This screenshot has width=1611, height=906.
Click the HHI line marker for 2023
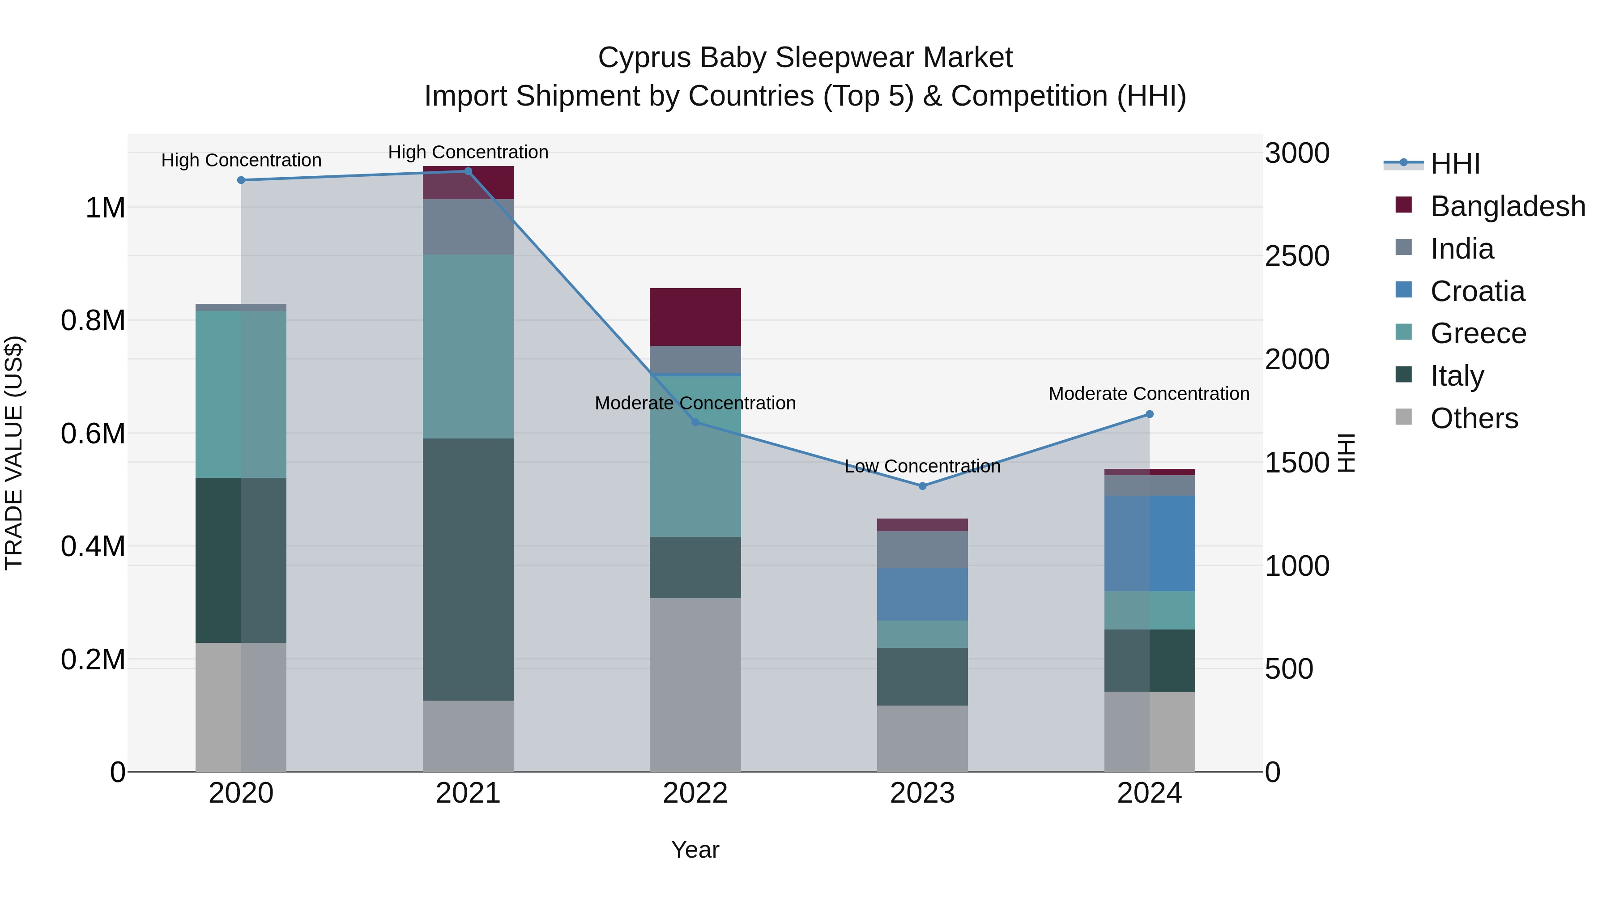[922, 486]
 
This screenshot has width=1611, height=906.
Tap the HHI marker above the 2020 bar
[241, 180]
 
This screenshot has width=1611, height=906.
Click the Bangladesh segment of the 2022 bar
[695, 317]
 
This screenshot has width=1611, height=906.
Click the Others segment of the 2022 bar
[695, 685]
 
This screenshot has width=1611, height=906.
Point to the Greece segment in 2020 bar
[241, 394]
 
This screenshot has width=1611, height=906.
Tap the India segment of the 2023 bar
[922, 549]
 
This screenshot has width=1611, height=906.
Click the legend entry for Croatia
[1477, 291]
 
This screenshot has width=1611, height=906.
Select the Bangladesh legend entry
[1507, 206]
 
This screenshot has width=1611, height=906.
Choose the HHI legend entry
[1455, 164]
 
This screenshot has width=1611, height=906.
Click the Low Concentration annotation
[922, 467]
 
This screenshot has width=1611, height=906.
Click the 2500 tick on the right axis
[1296, 256]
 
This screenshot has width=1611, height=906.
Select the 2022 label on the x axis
[695, 793]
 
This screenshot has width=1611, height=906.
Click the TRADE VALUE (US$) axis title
[14, 453]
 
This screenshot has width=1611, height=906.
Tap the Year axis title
[695, 850]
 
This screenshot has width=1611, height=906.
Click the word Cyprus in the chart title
[644, 58]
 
